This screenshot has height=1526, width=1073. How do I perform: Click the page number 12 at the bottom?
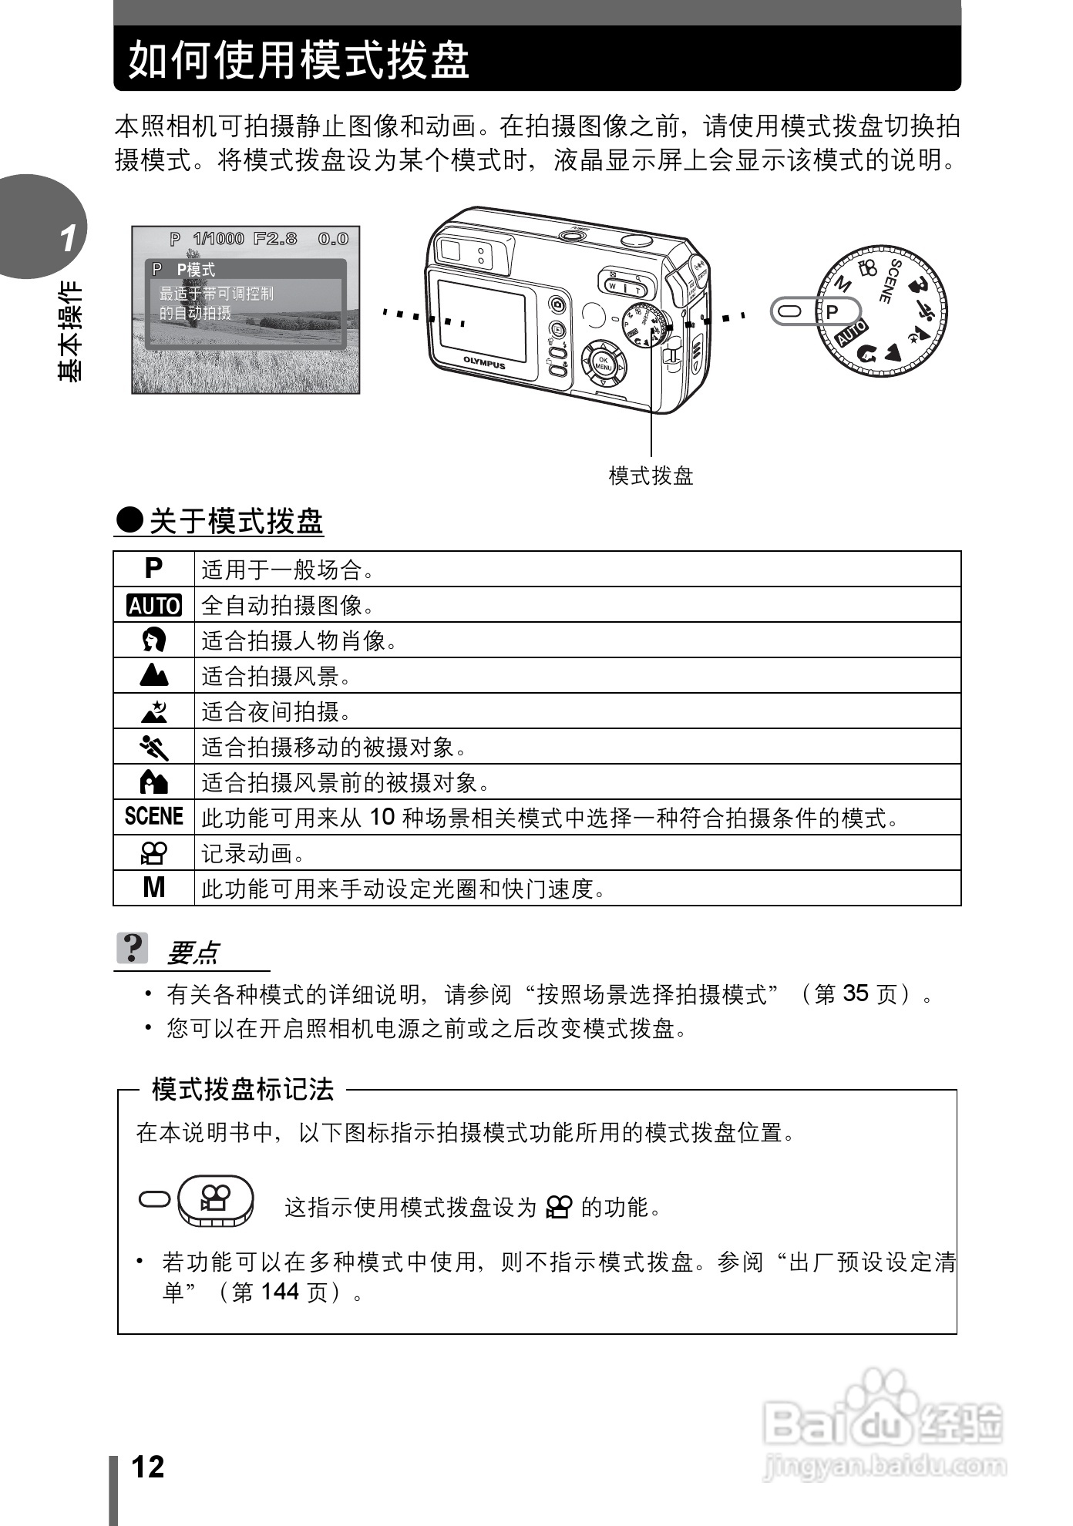(x=148, y=1467)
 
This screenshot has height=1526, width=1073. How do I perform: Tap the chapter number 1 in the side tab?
(x=69, y=239)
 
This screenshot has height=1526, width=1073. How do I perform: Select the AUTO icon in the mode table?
(x=154, y=606)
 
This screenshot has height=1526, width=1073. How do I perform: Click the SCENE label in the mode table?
(x=154, y=816)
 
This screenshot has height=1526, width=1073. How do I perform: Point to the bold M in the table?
(x=154, y=888)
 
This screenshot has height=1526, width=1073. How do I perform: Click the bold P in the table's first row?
(x=154, y=569)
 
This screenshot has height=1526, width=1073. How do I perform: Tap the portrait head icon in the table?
(x=154, y=640)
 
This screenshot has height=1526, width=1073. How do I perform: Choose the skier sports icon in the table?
(x=154, y=747)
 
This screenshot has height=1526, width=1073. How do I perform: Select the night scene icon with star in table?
(x=154, y=711)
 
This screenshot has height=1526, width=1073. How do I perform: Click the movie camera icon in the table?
(x=154, y=852)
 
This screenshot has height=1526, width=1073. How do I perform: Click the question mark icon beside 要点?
(x=133, y=948)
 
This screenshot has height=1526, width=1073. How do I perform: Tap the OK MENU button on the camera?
(x=603, y=364)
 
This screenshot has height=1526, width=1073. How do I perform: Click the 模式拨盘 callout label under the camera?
(x=651, y=476)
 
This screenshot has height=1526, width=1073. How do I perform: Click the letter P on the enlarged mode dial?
(x=832, y=312)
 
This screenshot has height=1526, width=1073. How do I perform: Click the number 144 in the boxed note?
(x=280, y=1291)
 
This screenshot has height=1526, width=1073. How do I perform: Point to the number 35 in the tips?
(x=856, y=993)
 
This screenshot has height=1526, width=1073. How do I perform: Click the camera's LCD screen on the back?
(x=482, y=321)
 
